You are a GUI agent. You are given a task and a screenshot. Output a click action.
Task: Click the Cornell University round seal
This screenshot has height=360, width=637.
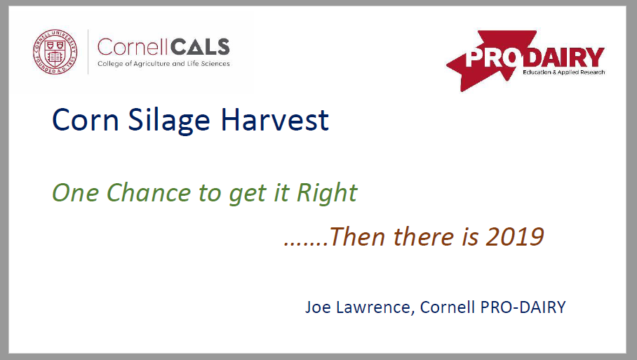click(x=55, y=52)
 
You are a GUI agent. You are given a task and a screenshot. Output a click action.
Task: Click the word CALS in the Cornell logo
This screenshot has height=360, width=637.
click(x=200, y=48)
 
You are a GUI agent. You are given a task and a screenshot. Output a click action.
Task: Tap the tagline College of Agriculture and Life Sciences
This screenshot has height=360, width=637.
click(x=163, y=64)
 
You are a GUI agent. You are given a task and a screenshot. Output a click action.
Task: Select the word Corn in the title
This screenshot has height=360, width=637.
click(x=86, y=120)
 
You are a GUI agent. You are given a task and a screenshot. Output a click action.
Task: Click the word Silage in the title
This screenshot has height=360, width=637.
click(x=169, y=121)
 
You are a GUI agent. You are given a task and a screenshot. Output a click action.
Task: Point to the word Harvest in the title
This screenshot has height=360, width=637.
click(x=274, y=120)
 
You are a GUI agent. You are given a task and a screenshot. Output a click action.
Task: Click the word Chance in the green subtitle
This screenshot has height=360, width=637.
click(x=149, y=192)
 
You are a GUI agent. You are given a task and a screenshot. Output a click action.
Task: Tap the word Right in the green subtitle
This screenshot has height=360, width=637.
click(x=327, y=193)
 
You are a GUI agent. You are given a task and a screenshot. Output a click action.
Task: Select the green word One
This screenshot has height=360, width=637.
click(x=76, y=192)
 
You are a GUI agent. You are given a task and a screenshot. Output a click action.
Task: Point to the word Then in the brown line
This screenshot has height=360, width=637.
click(x=357, y=236)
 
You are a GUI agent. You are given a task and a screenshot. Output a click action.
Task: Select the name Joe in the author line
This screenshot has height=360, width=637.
click(x=318, y=307)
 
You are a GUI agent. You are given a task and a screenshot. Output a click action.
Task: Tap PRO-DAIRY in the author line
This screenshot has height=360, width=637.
click(x=523, y=307)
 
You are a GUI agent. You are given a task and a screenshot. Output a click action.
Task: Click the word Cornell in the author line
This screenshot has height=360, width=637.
click(x=447, y=307)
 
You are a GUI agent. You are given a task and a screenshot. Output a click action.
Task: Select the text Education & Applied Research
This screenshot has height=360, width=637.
click(x=563, y=72)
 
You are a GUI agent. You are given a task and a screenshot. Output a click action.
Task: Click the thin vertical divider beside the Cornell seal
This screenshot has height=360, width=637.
click(x=88, y=52)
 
